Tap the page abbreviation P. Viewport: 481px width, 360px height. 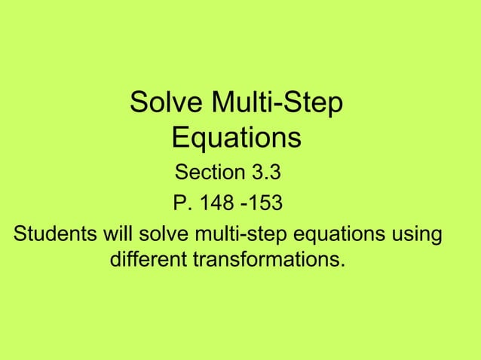pyautogui.click(x=180, y=203)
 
